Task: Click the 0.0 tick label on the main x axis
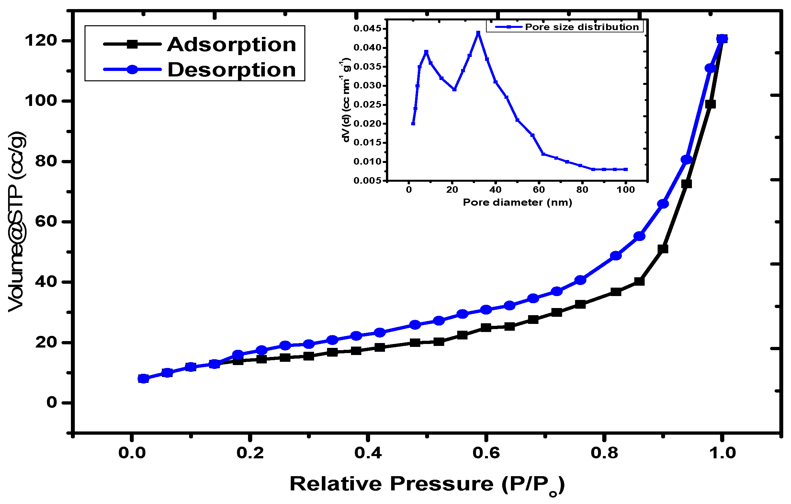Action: [132, 453]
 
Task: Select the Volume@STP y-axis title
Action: [17, 222]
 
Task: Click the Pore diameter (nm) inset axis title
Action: [517, 202]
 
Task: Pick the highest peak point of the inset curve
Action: [478, 33]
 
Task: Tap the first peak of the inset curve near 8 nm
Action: [426, 52]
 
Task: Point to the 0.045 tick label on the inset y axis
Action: [367, 29]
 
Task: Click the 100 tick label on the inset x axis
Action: [626, 190]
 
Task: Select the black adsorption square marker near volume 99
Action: [710, 105]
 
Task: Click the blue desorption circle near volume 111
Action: [710, 68]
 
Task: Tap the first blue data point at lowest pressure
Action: [143, 379]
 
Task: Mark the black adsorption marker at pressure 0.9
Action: [663, 249]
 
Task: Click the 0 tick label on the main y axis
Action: [51, 403]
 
